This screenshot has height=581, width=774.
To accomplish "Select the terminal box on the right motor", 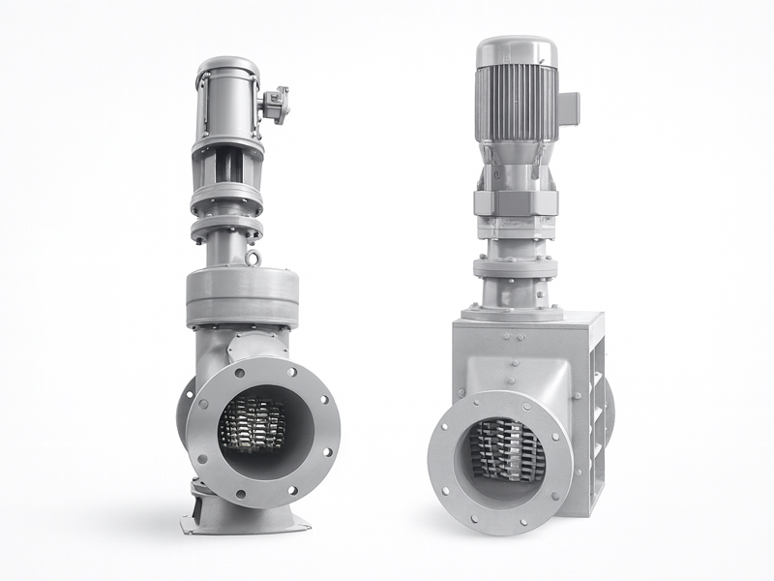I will pos(567,101).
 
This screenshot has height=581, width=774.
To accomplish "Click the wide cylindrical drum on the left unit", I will pos(242,294).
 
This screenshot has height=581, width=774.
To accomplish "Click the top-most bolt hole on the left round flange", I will pos(260,366).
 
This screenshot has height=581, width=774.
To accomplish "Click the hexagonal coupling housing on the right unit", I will pos(515,204).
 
